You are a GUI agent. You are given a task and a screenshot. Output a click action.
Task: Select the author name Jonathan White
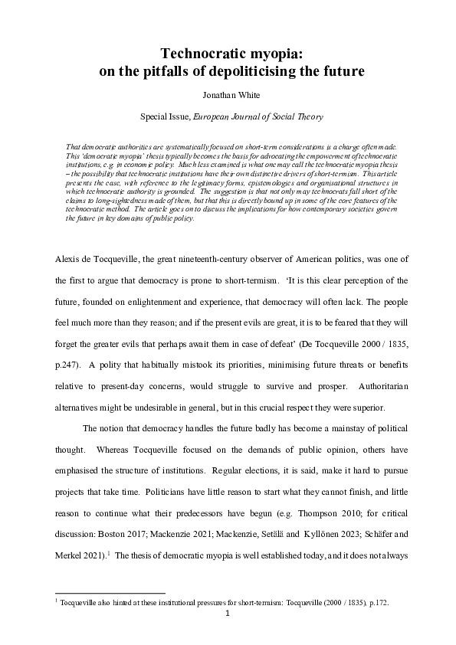(228, 97)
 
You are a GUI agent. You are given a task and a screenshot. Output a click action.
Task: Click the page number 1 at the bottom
(228, 614)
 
